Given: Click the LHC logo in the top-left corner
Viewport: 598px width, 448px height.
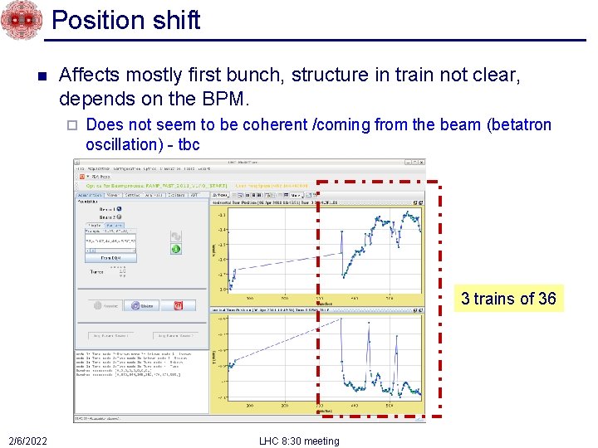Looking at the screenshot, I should click(21, 20).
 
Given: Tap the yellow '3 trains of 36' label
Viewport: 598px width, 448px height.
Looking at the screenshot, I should click(508, 299).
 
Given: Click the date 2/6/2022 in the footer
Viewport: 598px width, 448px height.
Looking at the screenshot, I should click(27, 441).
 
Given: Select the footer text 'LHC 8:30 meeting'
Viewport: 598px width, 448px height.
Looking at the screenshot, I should click(299, 441).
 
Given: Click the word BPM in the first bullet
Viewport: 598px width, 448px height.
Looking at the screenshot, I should click(225, 98).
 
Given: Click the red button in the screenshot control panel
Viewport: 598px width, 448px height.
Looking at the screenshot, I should click(178, 305).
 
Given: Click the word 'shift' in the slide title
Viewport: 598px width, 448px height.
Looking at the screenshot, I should click(175, 20).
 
